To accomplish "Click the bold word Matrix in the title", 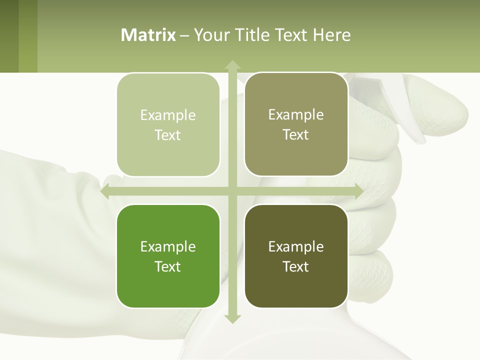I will [x=148, y=35].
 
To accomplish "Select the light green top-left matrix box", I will [x=168, y=125].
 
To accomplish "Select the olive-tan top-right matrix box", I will [x=296, y=124].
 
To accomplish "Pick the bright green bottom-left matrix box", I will [x=168, y=256].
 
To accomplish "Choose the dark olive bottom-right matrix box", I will [x=296, y=256].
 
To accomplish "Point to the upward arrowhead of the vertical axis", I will [x=232, y=64].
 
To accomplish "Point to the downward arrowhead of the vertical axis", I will [x=232, y=319].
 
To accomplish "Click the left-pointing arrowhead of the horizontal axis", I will [x=105, y=191].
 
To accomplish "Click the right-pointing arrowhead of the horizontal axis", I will [x=358, y=191].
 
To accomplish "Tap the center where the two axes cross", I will [x=232, y=191].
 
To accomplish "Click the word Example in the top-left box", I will [x=168, y=115].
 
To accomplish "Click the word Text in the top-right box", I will [x=296, y=135].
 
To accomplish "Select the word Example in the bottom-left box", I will [x=168, y=247].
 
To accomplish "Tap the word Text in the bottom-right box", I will [x=296, y=266].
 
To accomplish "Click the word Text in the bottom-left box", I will [x=168, y=266].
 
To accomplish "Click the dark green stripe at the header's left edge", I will [x=9, y=36].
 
